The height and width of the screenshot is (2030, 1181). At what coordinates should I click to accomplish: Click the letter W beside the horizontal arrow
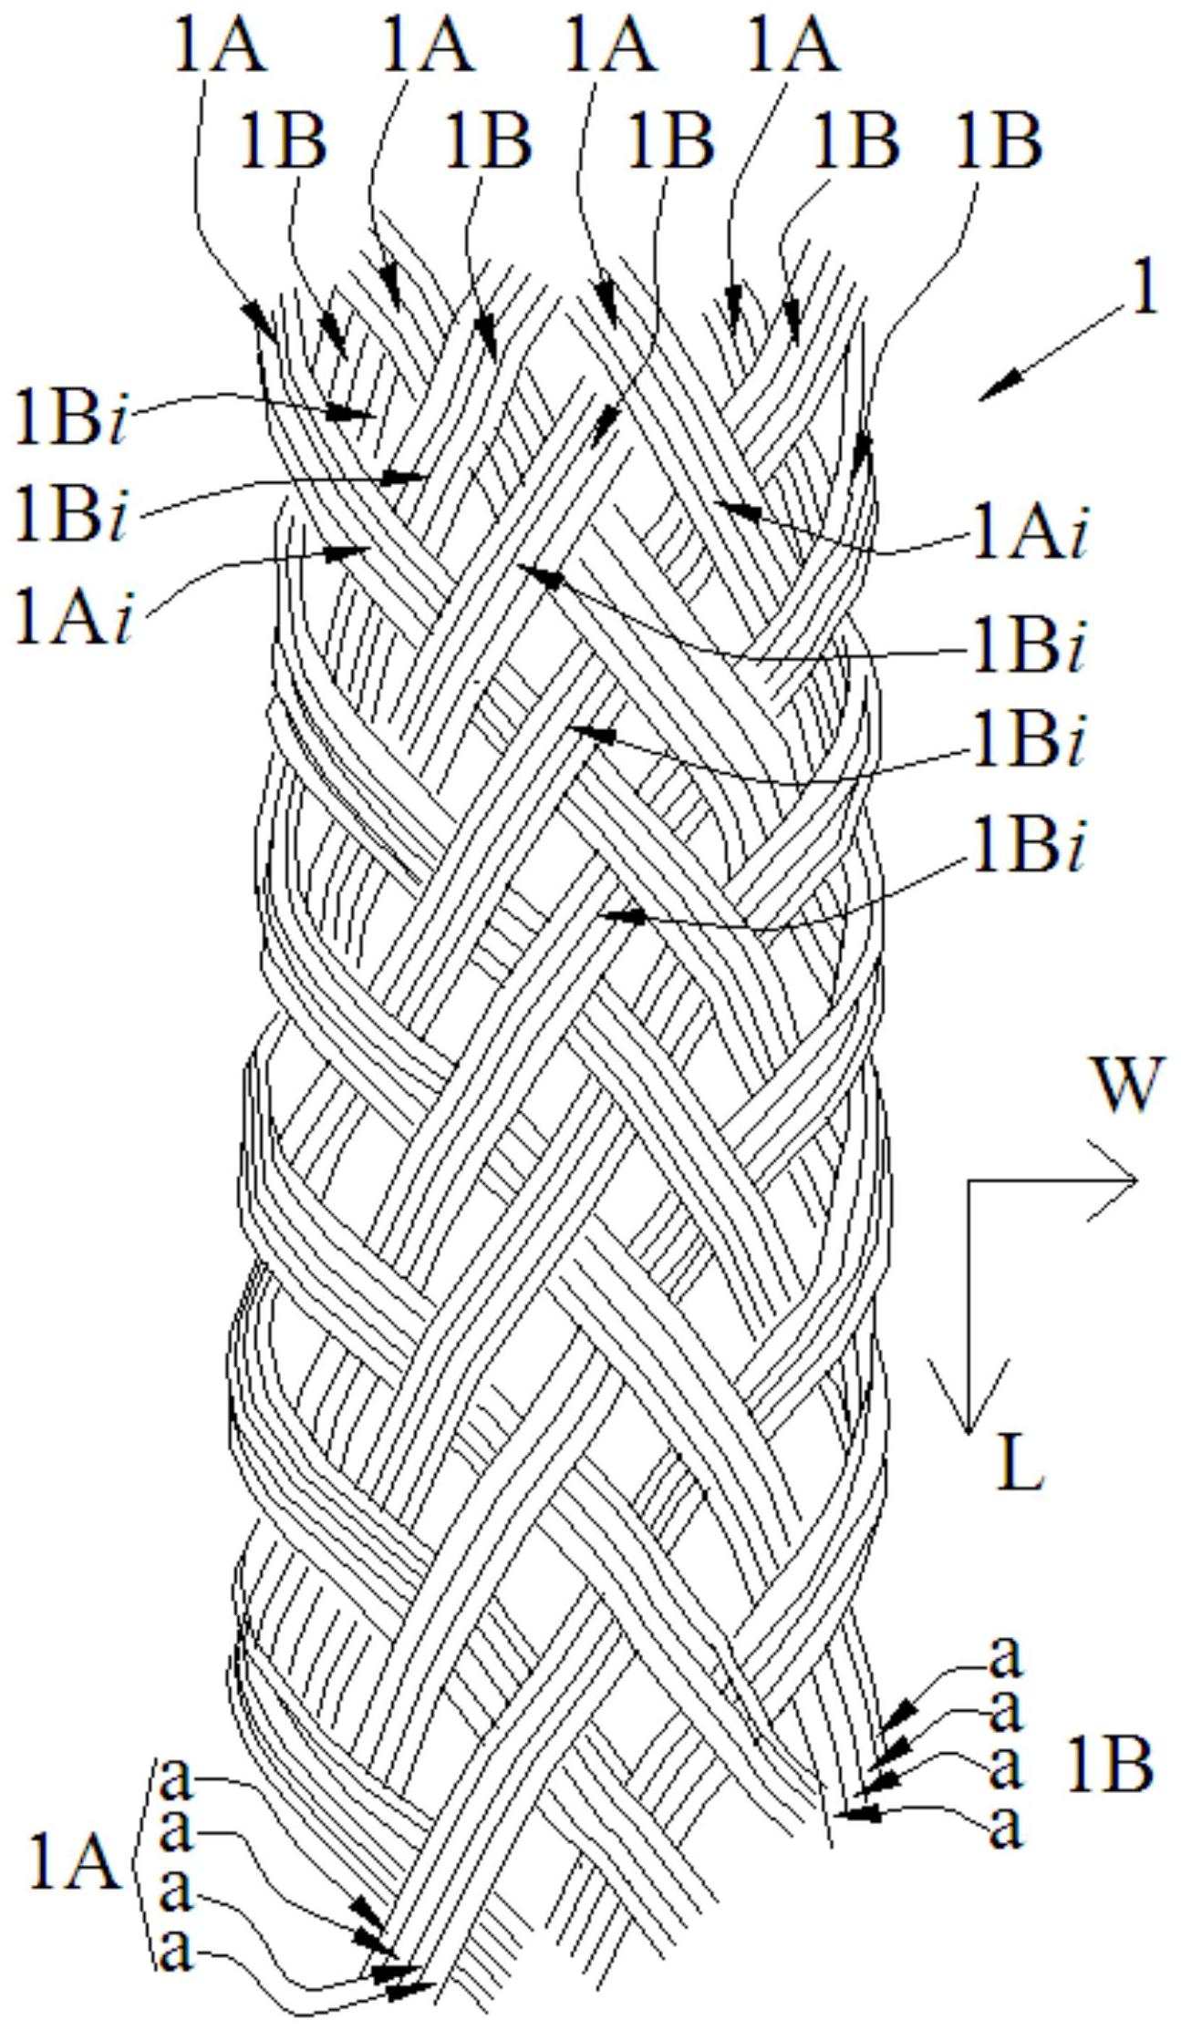[1129, 1086]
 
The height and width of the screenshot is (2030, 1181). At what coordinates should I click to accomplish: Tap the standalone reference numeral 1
[1143, 291]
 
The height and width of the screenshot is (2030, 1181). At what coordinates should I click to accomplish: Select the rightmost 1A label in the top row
[791, 45]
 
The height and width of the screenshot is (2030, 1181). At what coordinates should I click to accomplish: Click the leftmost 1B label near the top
[282, 141]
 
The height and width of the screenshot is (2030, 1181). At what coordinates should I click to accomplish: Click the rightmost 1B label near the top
[997, 141]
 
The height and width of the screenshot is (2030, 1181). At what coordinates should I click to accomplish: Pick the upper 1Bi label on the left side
[71, 418]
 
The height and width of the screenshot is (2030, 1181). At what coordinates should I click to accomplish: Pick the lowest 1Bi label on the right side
[1029, 849]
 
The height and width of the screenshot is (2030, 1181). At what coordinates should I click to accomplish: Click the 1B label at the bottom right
[1110, 1764]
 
